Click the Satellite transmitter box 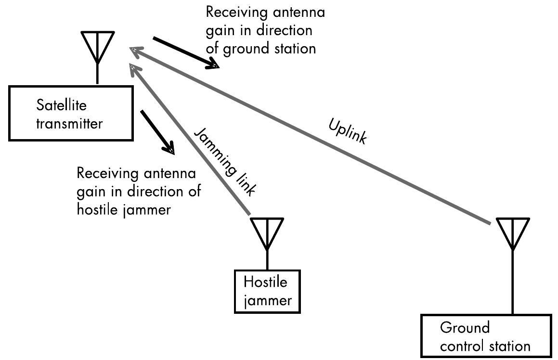pyautogui.click(x=71, y=113)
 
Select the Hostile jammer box pyautogui.click(x=267, y=291)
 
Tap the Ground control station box pyautogui.click(x=486, y=336)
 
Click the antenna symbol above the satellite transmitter pyautogui.click(x=98, y=48)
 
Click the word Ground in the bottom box pyautogui.click(x=465, y=328)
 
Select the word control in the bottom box pyautogui.click(x=463, y=346)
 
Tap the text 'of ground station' pyautogui.click(x=260, y=49)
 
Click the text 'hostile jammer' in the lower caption pyautogui.click(x=123, y=209)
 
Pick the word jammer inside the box pyautogui.click(x=268, y=301)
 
